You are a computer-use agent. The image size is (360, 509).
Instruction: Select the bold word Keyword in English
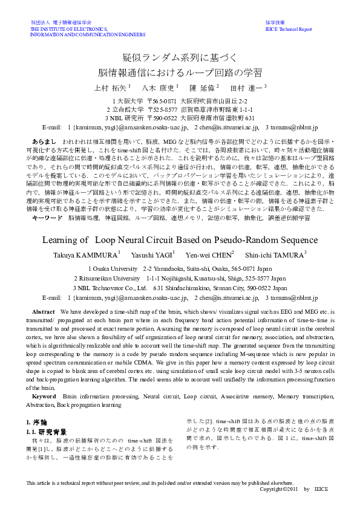point(44,396)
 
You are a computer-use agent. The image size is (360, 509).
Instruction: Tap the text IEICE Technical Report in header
point(289,29)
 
